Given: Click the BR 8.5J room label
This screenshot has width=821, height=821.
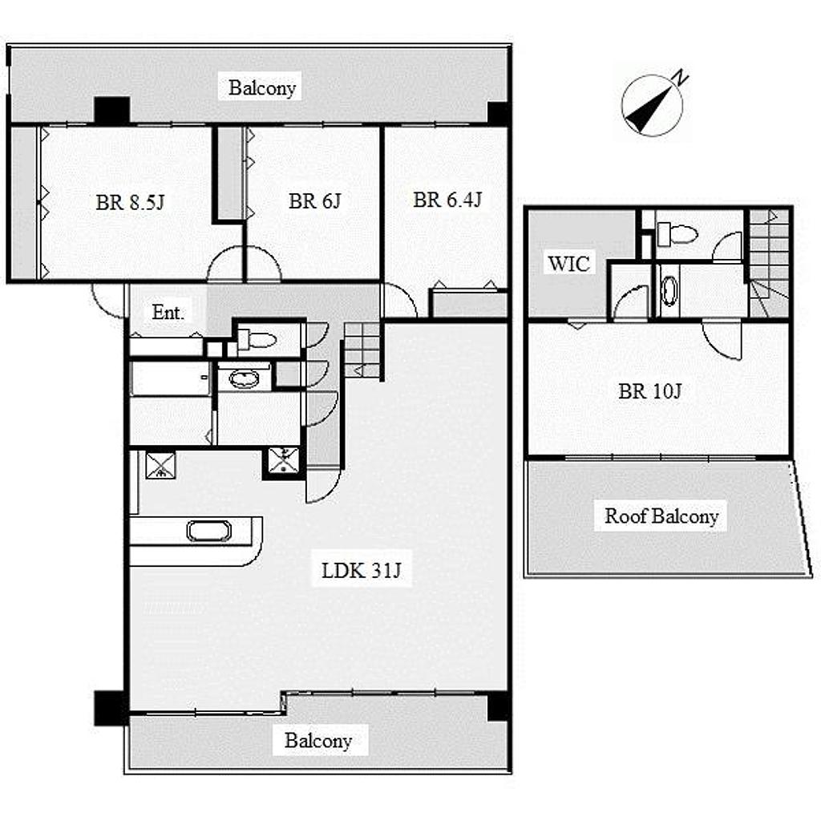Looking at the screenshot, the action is pyautogui.click(x=130, y=202).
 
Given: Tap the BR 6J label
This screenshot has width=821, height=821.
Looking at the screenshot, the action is pyautogui.click(x=314, y=201).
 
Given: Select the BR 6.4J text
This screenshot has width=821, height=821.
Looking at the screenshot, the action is pyautogui.click(x=447, y=200).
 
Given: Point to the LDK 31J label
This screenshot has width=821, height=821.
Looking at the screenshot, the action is pyautogui.click(x=362, y=570).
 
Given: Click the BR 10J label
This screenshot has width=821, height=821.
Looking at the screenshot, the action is pyautogui.click(x=649, y=391).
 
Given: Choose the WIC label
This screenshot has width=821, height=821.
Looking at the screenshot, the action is pyautogui.click(x=568, y=263).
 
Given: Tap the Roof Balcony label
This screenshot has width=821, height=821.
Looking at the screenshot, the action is pyautogui.click(x=661, y=516).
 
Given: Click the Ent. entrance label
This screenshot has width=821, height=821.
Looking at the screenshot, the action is pyautogui.click(x=168, y=313).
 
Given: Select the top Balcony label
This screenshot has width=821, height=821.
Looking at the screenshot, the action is pyautogui.click(x=262, y=88).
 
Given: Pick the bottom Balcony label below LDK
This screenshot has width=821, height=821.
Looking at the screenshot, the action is pyautogui.click(x=317, y=741).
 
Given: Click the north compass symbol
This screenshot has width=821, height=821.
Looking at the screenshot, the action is pyautogui.click(x=652, y=106).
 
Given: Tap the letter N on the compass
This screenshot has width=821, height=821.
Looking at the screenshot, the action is pyautogui.click(x=681, y=78).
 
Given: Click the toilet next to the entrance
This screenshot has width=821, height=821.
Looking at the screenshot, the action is pyautogui.click(x=257, y=340).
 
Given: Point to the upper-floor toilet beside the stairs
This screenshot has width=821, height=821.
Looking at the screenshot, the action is pyautogui.click(x=677, y=233).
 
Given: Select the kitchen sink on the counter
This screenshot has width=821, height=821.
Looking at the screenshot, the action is pyautogui.click(x=209, y=531).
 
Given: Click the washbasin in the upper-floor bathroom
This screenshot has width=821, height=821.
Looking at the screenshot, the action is pyautogui.click(x=669, y=289).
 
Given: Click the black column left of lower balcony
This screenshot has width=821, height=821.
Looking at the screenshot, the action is pyautogui.click(x=111, y=708).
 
